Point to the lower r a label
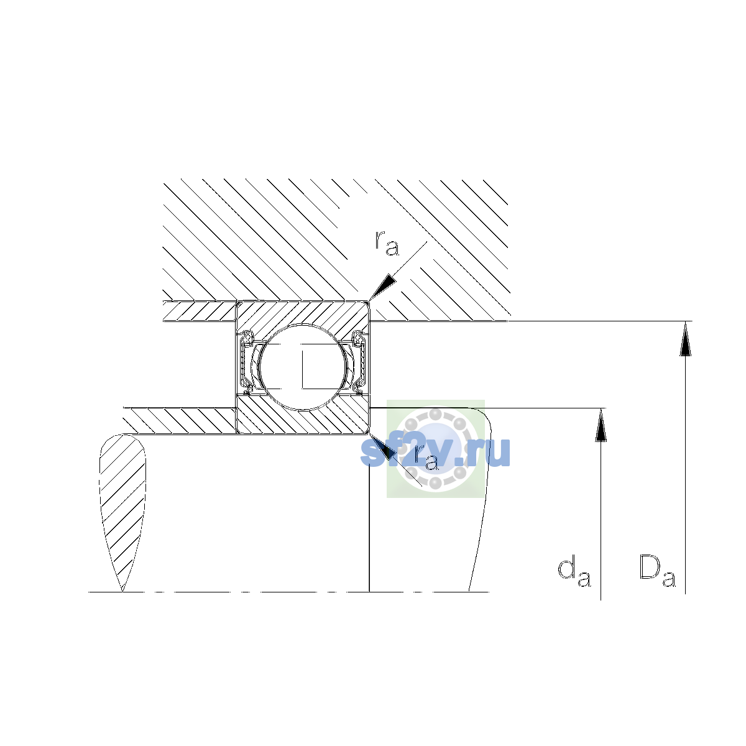click(426, 458)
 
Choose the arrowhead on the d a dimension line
click(601, 425)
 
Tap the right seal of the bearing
click(359, 362)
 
